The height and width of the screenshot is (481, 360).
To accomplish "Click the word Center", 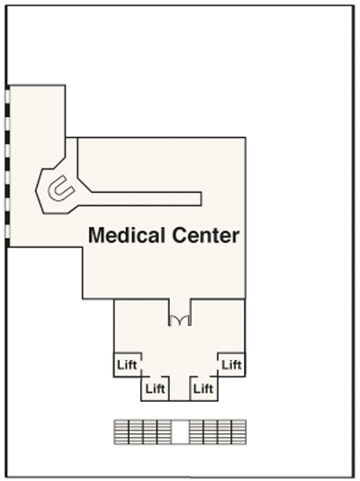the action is click(x=205, y=236).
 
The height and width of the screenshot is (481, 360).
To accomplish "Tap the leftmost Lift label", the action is click(x=127, y=365).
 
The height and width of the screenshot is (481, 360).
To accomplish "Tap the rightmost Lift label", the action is click(x=231, y=365).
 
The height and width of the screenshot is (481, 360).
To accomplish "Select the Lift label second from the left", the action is click(x=155, y=388).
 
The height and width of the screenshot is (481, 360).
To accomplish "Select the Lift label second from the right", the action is click(x=203, y=388).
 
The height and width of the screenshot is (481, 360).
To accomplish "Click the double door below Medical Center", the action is click(x=180, y=320).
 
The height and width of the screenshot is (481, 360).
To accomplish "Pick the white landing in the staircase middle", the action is click(x=180, y=432).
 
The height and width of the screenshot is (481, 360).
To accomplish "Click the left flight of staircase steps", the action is click(x=143, y=432).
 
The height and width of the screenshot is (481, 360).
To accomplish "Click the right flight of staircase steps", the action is click(x=217, y=432).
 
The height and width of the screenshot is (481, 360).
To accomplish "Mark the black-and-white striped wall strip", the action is click(x=7, y=166).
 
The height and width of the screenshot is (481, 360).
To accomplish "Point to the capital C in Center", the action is click(x=179, y=236).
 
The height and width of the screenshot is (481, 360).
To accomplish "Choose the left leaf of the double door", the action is click(x=175, y=320).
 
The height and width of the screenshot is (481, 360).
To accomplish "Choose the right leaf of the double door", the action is click(x=185, y=320).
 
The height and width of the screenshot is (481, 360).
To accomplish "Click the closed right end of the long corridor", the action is click(x=202, y=199).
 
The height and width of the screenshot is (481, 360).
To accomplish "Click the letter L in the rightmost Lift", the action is click(x=225, y=365).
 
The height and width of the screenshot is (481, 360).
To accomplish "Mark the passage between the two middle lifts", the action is click(x=179, y=388).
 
